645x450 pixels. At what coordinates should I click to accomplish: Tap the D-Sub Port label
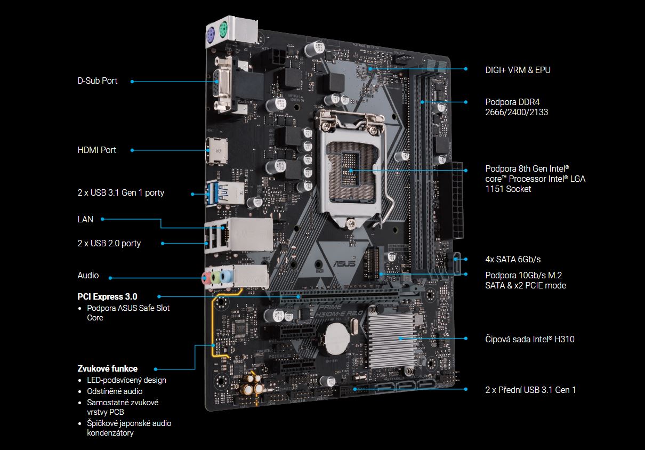pos(98,81)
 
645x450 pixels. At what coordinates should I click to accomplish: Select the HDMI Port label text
pos(97,150)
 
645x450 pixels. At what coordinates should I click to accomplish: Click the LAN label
pos(85,219)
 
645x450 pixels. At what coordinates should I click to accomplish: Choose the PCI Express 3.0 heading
pos(107,296)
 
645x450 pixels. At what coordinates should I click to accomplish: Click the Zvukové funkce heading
pos(107,368)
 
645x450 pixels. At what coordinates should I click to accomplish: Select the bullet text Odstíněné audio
pos(115,391)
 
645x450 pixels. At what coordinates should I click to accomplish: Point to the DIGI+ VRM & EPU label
pos(518,70)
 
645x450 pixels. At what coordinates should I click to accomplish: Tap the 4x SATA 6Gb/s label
pos(513,259)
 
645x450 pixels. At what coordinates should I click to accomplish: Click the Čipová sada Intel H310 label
pos(529,339)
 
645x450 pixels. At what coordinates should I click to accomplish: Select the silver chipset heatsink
pos(392,340)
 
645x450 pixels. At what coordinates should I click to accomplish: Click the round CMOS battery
pos(336,339)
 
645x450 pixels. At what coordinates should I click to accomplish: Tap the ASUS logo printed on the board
pos(344,263)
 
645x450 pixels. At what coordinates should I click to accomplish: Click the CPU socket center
pos(351,171)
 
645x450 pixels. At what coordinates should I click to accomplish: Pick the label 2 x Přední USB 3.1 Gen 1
pos(530,390)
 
